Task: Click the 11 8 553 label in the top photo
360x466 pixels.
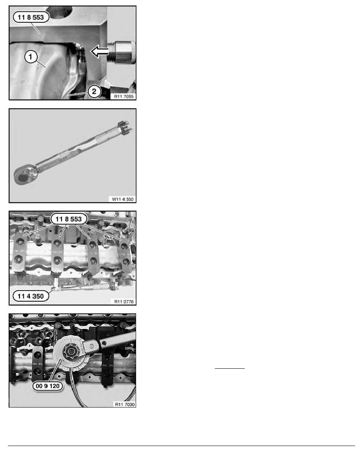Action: point(31,17)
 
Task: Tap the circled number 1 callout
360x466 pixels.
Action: point(31,56)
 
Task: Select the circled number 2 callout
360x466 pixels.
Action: point(94,91)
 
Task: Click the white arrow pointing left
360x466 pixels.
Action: point(100,51)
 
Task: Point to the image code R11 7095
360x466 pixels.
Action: point(124,96)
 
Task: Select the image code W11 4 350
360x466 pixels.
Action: point(123,199)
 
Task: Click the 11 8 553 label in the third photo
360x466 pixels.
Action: point(69,219)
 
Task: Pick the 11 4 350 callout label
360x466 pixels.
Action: point(31,296)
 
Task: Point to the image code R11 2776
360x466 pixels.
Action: point(124,302)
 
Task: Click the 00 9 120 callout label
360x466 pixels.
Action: point(47,386)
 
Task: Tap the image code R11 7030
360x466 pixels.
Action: point(125,404)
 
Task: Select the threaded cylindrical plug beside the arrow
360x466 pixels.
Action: point(122,52)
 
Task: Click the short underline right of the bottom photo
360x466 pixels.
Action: point(229,368)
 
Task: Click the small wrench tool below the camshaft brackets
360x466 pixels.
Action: point(85,287)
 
